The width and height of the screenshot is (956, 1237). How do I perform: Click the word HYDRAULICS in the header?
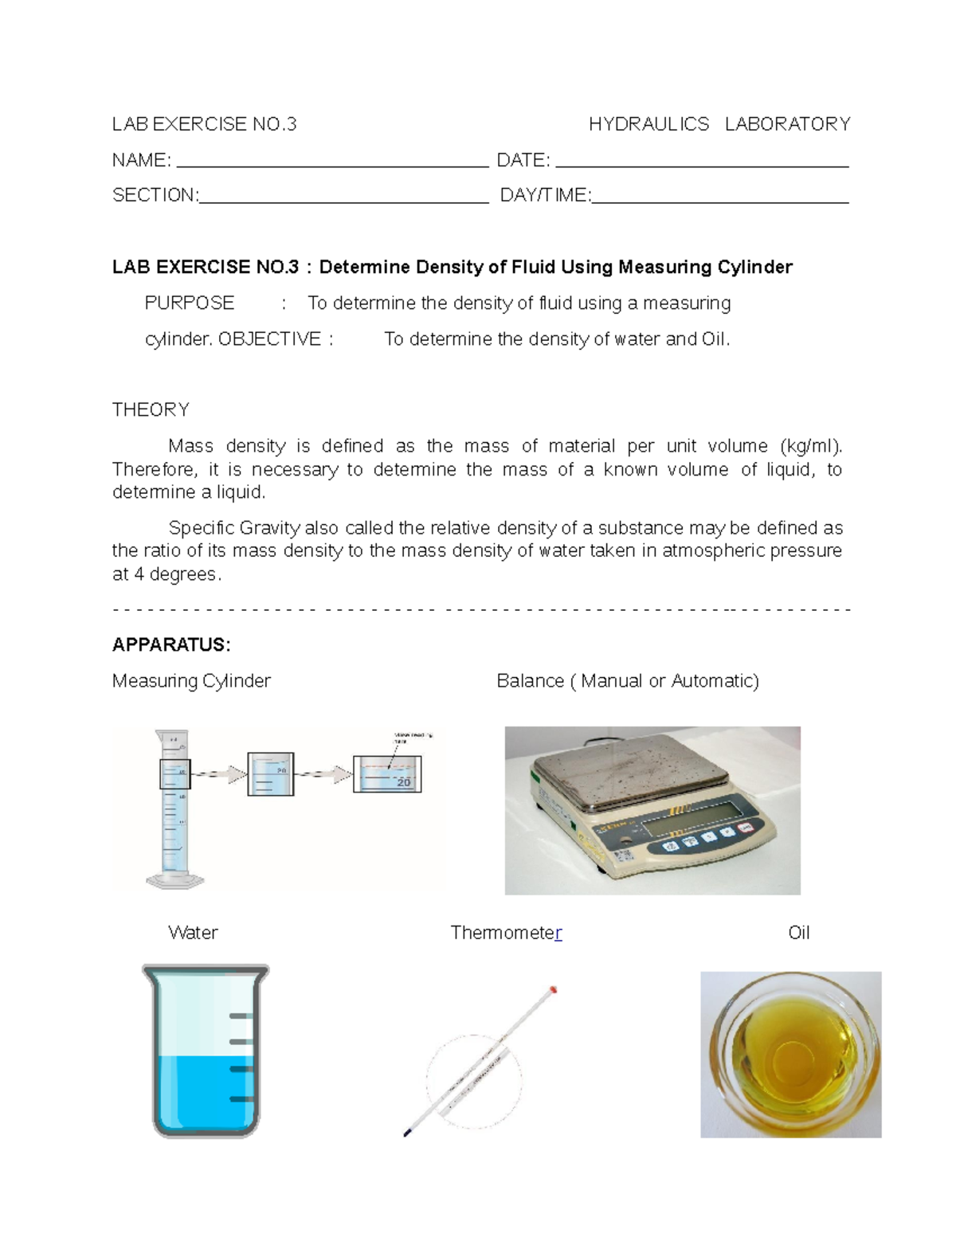click(648, 124)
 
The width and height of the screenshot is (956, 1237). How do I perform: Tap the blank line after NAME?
click(331, 165)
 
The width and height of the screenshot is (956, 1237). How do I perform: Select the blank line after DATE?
click(701, 165)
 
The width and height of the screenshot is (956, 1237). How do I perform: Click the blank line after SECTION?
click(343, 201)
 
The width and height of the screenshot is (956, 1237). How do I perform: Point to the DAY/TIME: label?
click(545, 196)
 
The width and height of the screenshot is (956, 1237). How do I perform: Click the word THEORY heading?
click(151, 410)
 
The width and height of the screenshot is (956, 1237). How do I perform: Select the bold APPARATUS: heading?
click(171, 645)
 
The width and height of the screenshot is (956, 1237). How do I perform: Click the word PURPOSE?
click(189, 303)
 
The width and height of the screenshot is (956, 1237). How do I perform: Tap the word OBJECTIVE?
click(269, 339)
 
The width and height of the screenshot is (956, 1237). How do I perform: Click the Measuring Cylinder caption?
click(191, 681)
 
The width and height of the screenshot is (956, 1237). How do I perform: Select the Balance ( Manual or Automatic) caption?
click(628, 681)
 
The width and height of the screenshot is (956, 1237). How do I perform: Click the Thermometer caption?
click(506, 933)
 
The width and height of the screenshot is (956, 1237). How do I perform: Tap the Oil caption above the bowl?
click(798, 933)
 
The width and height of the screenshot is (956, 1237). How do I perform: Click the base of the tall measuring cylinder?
click(175, 881)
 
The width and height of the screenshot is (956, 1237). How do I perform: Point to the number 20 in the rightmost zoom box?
click(403, 783)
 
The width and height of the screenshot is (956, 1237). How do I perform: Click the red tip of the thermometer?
click(553, 990)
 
